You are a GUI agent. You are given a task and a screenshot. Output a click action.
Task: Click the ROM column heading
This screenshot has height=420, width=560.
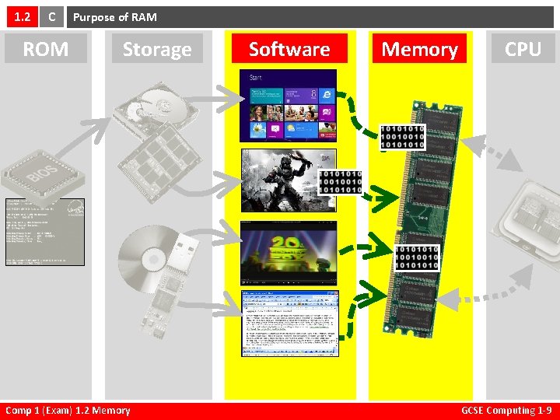click(x=45, y=49)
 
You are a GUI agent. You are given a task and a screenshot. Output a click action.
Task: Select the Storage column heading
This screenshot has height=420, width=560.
click(x=156, y=49)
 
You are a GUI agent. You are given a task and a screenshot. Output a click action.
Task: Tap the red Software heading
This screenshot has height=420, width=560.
click(x=289, y=49)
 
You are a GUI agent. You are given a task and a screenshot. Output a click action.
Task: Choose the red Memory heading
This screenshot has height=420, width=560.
click(x=419, y=49)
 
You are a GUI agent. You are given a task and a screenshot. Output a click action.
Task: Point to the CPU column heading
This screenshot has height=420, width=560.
click(x=523, y=49)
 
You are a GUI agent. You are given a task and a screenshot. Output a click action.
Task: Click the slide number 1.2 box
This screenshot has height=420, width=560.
click(x=19, y=16)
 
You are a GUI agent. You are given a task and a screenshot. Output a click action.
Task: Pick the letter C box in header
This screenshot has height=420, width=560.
click(x=51, y=16)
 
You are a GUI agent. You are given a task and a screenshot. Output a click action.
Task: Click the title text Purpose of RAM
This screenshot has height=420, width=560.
click(x=115, y=16)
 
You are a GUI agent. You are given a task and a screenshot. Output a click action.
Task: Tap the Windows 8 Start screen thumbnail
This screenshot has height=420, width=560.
click(x=288, y=104)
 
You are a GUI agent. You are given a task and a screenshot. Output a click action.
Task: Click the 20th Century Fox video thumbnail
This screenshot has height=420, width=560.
click(x=288, y=250)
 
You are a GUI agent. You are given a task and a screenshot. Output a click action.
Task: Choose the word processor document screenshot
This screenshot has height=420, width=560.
click(x=289, y=323)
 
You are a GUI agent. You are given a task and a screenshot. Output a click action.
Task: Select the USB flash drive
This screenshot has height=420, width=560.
click(x=167, y=268)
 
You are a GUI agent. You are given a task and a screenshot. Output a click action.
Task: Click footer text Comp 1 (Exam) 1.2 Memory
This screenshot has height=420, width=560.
click(x=68, y=411)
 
